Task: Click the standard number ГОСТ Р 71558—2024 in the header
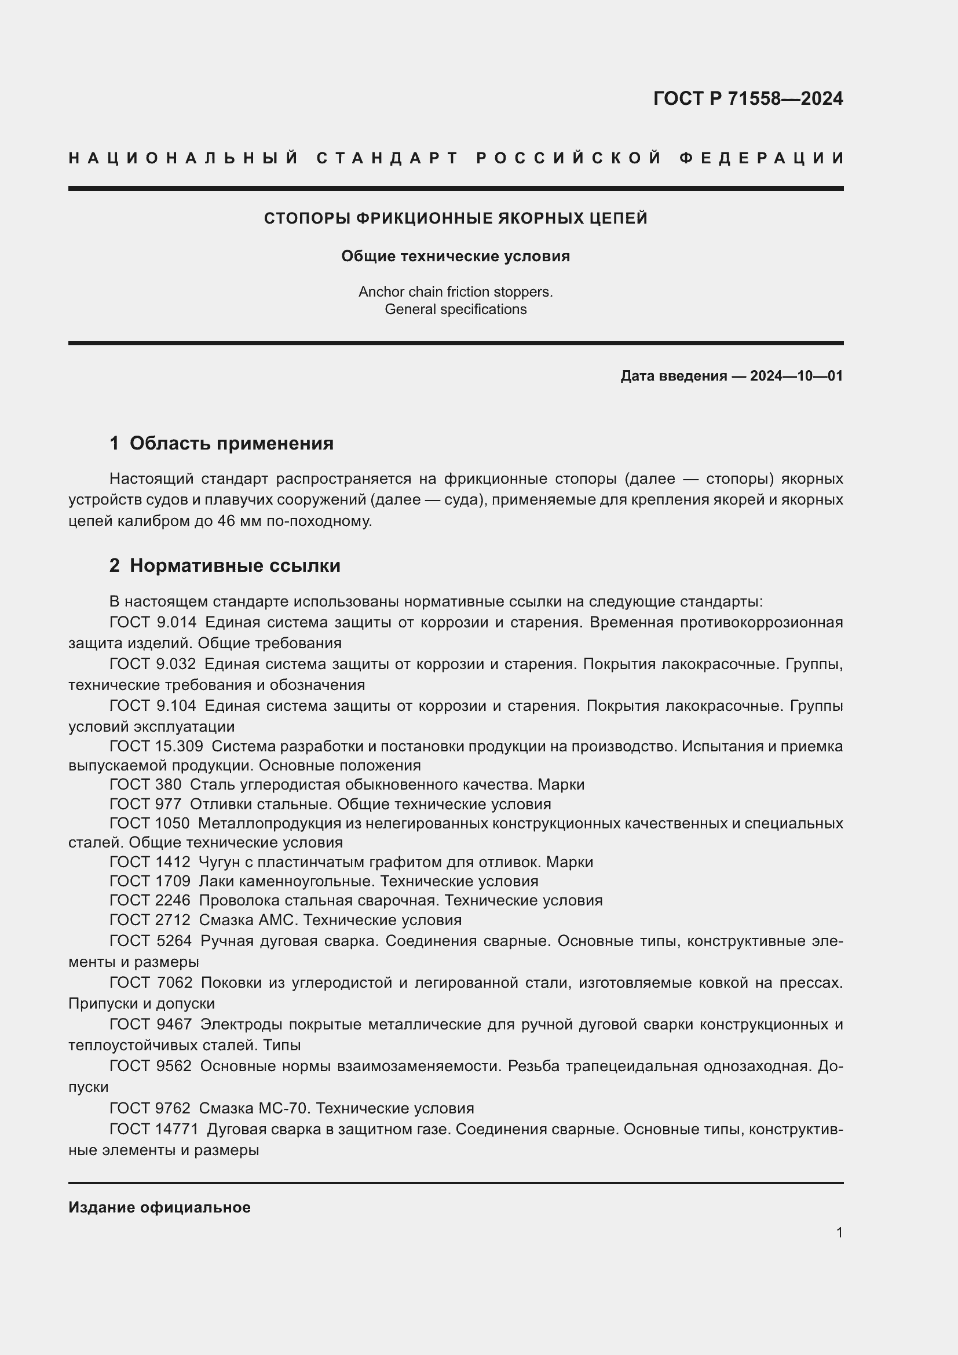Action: click(747, 98)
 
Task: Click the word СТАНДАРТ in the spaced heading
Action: click(387, 158)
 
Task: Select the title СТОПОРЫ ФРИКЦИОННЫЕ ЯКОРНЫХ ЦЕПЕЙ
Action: click(455, 218)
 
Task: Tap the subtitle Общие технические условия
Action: click(455, 256)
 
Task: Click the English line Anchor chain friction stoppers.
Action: click(455, 291)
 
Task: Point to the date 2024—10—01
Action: click(796, 376)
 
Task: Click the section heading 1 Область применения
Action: click(221, 443)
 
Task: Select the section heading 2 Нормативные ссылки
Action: click(225, 565)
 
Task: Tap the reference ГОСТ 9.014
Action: click(153, 623)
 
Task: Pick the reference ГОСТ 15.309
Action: click(156, 746)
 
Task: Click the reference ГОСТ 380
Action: click(145, 784)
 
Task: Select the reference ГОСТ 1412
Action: click(150, 862)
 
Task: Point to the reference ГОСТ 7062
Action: click(151, 983)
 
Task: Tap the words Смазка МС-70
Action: click(254, 1108)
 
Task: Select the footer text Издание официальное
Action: click(159, 1207)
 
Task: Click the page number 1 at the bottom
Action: click(839, 1232)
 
